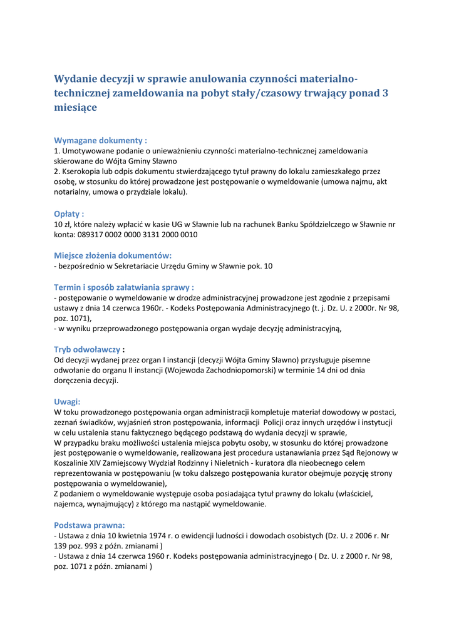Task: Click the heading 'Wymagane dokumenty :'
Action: click(100, 140)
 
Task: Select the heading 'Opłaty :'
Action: click(69, 213)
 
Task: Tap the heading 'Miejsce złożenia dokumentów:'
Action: click(113, 255)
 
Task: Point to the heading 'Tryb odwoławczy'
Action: click(86, 349)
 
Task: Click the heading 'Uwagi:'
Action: click(67, 401)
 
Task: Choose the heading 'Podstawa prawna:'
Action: click(90, 525)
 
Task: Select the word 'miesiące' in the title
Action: click(75, 107)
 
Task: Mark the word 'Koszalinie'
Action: click(74, 463)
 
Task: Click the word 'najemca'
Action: click(71, 504)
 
